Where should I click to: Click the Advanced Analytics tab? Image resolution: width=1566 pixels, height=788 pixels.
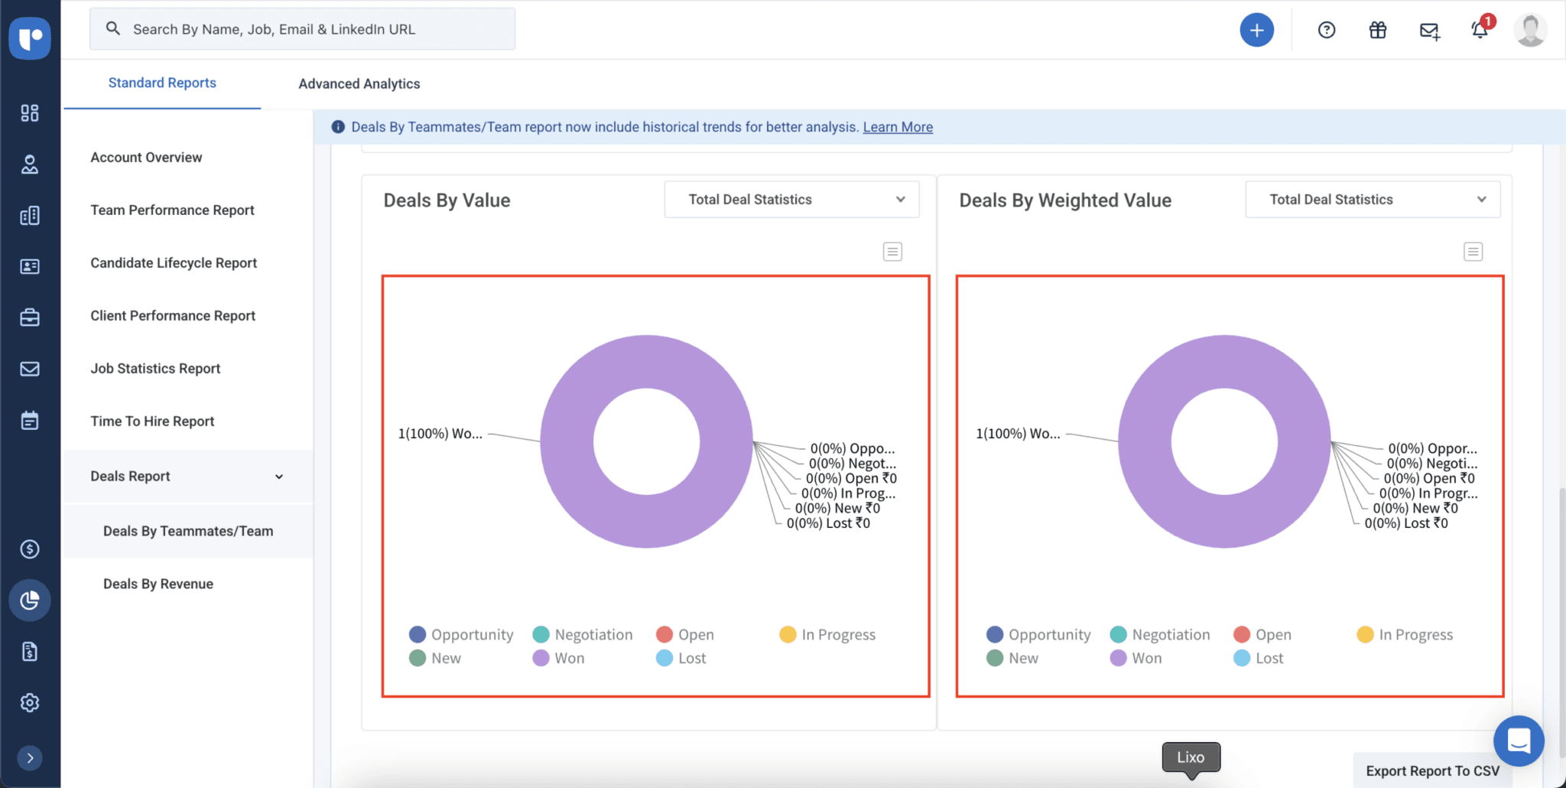tap(359, 83)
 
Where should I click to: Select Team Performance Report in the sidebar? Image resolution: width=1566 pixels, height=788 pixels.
tap(172, 210)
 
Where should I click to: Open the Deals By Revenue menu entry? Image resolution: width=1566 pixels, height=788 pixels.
tap(158, 584)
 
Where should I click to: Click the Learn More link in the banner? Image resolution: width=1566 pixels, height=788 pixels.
tap(898, 127)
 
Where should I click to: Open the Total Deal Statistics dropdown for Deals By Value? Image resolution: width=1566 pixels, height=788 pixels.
tap(791, 200)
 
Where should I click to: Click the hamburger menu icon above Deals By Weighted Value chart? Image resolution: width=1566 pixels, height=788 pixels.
tap(1473, 252)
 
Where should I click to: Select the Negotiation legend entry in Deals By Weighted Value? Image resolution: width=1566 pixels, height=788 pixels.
tap(1160, 634)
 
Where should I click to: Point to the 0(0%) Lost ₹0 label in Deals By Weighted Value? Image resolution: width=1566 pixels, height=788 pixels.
tap(1405, 523)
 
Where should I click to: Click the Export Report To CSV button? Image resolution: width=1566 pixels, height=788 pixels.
tap(1432, 770)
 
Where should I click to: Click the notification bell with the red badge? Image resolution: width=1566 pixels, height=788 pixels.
tap(1480, 30)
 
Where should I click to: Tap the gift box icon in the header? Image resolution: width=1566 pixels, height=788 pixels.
tap(1377, 30)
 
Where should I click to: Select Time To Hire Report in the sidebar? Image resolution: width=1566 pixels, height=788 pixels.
tap(152, 421)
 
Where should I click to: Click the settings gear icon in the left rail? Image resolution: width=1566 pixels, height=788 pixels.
tap(30, 702)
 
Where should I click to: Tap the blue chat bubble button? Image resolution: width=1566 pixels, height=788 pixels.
tap(1518, 740)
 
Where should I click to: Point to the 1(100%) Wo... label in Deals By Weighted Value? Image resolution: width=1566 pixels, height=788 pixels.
tap(1018, 433)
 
